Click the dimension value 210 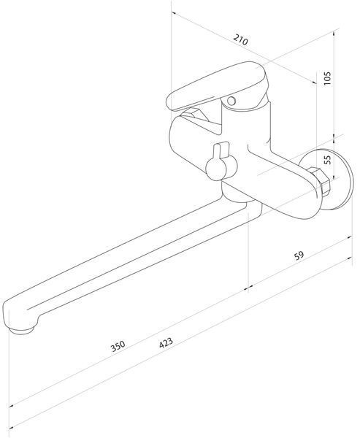(x=241, y=39)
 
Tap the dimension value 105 (x=327, y=78)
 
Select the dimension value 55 (x=327, y=159)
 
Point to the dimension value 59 (x=299, y=255)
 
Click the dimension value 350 (x=118, y=346)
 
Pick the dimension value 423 (x=166, y=343)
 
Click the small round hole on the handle (x=231, y=101)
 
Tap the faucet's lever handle (x=217, y=87)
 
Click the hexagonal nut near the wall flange (x=320, y=181)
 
